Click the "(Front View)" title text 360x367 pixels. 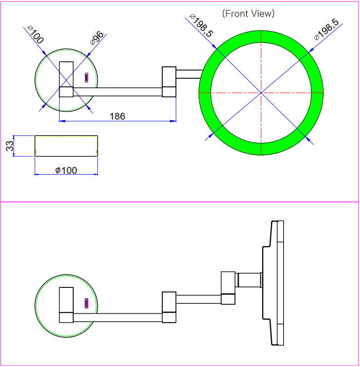[248, 14]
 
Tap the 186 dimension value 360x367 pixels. [117, 116]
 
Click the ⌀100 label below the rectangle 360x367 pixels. [66, 171]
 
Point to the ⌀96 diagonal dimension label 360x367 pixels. [97, 38]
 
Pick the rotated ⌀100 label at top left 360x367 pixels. [35, 35]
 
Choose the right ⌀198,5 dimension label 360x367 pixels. [326, 30]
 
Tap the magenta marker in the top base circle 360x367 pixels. [86, 78]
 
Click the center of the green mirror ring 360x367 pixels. [261, 93]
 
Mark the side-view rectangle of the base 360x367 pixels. [66, 146]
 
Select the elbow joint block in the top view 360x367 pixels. [169, 82]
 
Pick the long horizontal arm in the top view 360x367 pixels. [117, 92]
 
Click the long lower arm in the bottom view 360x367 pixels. [117, 317]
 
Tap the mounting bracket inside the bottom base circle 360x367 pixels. [66, 305]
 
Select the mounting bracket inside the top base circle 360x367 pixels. [66, 79]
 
